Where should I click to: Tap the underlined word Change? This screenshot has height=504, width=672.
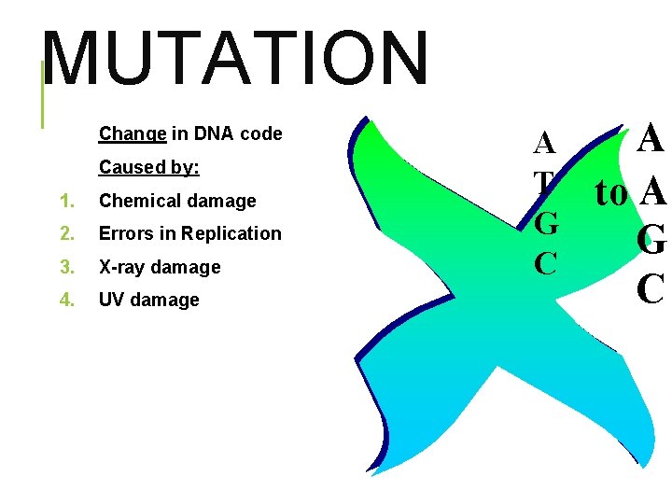tap(133, 134)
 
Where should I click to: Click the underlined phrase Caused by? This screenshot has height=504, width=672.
tap(149, 168)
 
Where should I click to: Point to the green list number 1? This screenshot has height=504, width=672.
tap(65, 202)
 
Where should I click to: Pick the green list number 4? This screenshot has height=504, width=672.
tap(65, 300)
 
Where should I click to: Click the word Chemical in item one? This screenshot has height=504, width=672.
tap(137, 202)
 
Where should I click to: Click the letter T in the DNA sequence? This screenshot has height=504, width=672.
tap(544, 183)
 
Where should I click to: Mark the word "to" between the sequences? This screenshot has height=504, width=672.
tap(612, 193)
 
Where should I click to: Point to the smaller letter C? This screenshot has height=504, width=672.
tap(546, 263)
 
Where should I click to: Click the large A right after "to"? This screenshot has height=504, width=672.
tap(653, 192)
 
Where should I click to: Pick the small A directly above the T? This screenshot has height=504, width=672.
tap(544, 144)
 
